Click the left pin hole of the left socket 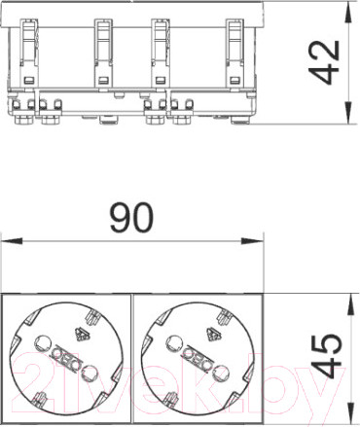[43, 342]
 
